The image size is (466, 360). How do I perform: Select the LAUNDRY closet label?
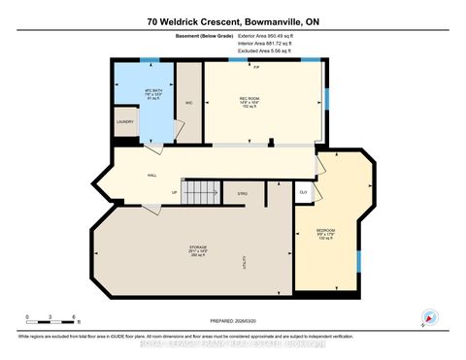click(x=125, y=121)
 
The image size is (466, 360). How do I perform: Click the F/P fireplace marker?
click(x=256, y=67)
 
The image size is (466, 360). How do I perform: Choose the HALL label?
click(x=151, y=176)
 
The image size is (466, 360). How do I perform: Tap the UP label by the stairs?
click(x=174, y=192)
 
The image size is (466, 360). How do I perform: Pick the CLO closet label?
click(x=303, y=192)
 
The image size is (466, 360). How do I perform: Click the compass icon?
click(x=427, y=316)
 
